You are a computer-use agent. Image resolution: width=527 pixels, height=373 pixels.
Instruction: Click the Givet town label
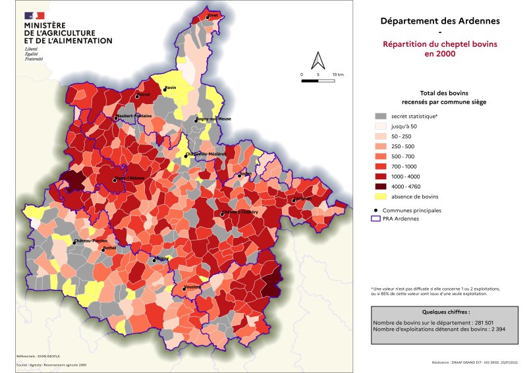coord(213,14)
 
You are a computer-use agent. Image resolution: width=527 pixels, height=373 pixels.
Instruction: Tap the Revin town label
coord(171,88)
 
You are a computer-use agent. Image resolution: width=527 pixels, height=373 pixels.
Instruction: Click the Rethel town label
coord(109,248)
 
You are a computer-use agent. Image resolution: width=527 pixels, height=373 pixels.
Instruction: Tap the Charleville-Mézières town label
coord(206,154)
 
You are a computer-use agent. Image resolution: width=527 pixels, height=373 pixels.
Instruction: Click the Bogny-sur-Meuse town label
coord(213,119)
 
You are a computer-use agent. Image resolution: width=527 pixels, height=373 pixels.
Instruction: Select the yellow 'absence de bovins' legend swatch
coord(380,196)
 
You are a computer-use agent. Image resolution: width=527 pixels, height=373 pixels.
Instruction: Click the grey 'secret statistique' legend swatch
coord(380,116)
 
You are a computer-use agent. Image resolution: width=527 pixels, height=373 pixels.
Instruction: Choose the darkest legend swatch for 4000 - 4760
coord(380,186)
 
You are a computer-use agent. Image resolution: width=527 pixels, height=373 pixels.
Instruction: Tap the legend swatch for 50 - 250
coord(380,136)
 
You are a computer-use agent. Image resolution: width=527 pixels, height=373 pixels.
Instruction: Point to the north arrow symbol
coord(318,61)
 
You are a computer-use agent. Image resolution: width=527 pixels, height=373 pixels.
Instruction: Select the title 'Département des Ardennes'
coord(440,20)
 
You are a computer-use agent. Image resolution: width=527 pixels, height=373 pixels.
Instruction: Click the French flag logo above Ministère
coord(35,15)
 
